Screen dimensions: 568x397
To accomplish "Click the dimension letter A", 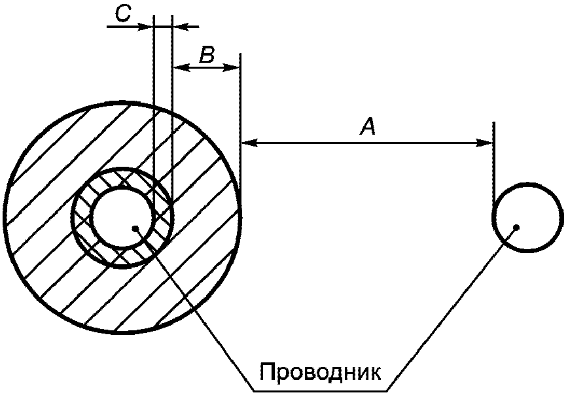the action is [368, 126].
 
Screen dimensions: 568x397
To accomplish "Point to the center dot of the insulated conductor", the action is [135, 228].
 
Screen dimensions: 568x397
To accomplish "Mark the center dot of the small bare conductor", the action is [517, 227].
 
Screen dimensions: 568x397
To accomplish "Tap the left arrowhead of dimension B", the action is [179, 67].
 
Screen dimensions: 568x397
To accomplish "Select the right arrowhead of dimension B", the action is [234, 67].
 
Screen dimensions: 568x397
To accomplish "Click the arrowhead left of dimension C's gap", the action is [146, 26].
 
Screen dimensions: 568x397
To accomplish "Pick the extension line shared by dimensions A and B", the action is [241, 98].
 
